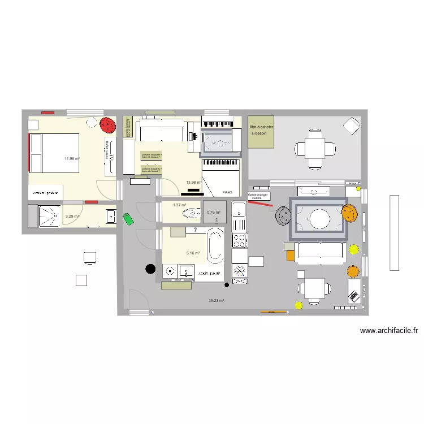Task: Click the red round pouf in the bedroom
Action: (x=106, y=126)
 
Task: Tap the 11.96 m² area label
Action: (x=72, y=159)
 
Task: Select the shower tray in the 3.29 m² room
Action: (x=48, y=215)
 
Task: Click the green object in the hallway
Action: (x=129, y=219)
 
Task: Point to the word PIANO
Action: (x=227, y=192)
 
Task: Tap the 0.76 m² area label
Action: (x=213, y=213)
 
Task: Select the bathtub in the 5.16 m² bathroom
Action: (x=215, y=246)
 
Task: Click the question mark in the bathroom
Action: (x=195, y=230)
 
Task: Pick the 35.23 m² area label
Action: (x=217, y=301)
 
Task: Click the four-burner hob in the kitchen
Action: (x=239, y=242)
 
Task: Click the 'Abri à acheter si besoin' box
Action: (x=261, y=131)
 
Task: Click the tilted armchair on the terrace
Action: (x=351, y=126)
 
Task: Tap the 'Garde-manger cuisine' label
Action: (x=259, y=196)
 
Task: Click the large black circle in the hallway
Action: (x=150, y=269)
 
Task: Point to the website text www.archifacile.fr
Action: (x=388, y=331)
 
